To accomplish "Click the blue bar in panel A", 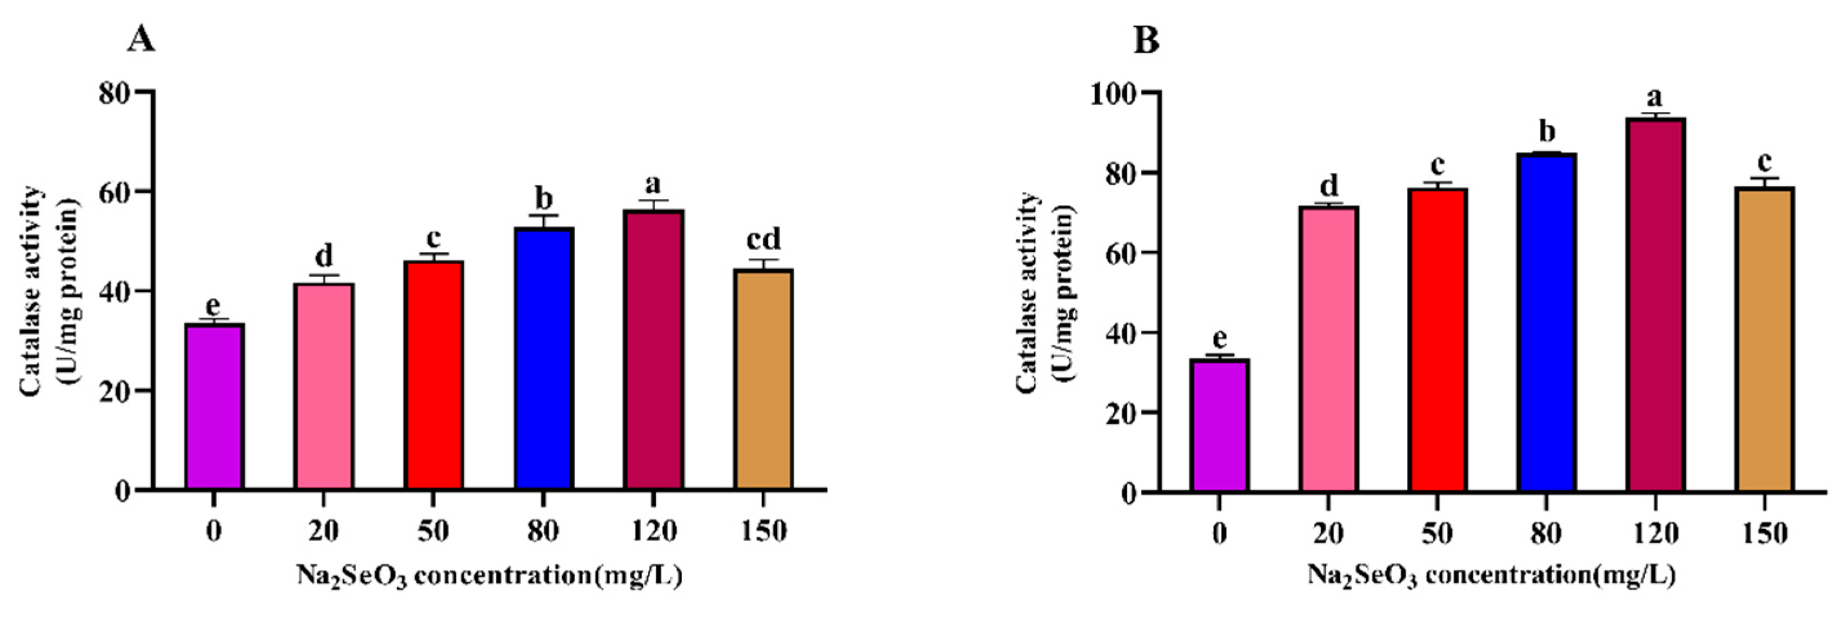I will [x=543, y=358].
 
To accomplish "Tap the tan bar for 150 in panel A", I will [x=763, y=379].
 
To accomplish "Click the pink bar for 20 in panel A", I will [x=324, y=386].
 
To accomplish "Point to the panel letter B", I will [x=1146, y=41].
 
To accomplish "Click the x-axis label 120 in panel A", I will [x=653, y=531].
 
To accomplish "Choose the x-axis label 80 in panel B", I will [x=1546, y=533].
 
